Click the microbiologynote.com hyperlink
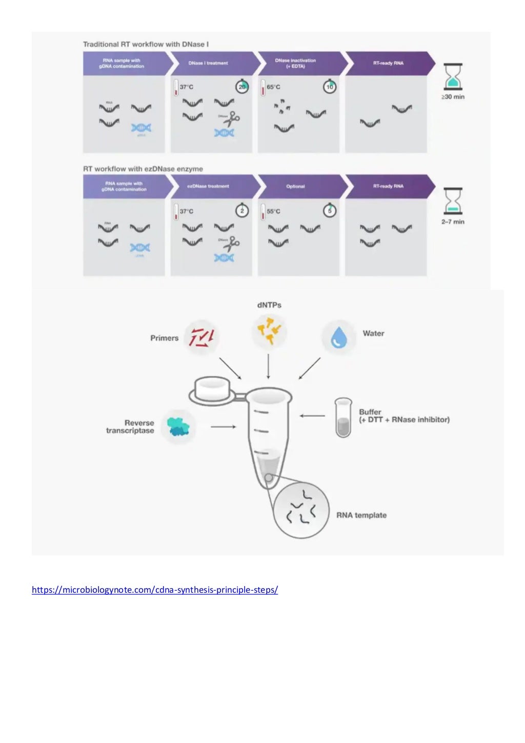tap(155, 590)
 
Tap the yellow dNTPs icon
tap(269, 331)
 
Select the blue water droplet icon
tap(338, 336)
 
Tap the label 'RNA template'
tap(361, 515)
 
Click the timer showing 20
tap(242, 87)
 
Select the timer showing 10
tap(329, 87)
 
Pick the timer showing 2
tap(242, 211)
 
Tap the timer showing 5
tap(329, 211)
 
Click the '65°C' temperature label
tap(273, 87)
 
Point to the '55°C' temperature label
tap(273, 211)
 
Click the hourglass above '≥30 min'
tap(453, 76)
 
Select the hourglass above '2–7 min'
tap(453, 201)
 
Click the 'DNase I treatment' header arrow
tap(213, 63)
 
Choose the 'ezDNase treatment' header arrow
tap(213, 186)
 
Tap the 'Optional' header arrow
tap(300, 186)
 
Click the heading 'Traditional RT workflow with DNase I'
tap(146, 45)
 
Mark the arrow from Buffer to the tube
tap(312, 416)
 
